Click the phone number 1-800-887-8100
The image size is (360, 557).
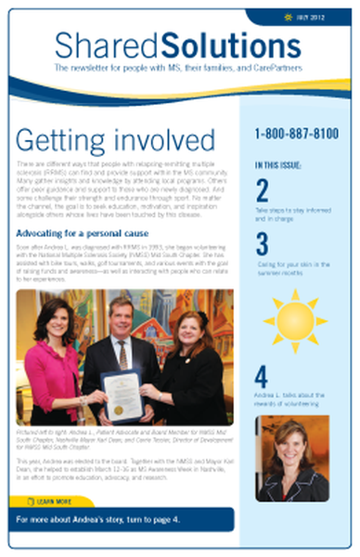297,134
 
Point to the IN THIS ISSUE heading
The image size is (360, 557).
280,165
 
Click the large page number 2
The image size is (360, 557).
263,190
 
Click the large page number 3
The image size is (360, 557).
263,243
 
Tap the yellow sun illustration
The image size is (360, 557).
295,318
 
